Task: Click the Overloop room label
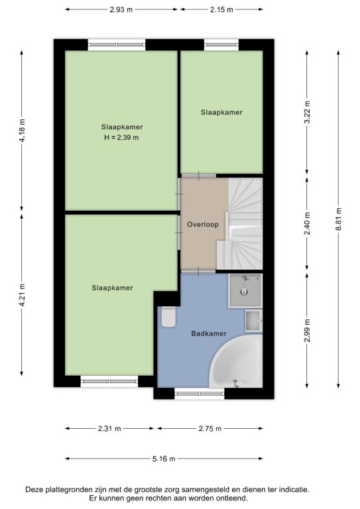pos(203,224)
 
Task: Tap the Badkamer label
pos(209,333)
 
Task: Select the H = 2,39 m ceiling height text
pos(121,138)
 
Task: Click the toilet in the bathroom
pos(168,316)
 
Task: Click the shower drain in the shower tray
pos(245,292)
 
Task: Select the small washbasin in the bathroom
pos(253,321)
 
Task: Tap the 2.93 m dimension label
pos(121,9)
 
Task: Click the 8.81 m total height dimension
pos(338,219)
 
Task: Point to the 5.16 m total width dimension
pos(164,459)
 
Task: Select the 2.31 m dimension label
pos(109,429)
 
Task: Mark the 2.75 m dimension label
pos(210,429)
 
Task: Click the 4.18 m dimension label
pos(22,131)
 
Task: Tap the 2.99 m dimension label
pos(307,331)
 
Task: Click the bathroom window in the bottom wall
pos(200,394)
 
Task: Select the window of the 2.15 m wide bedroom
pos(221,45)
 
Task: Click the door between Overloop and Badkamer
pos(198,271)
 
